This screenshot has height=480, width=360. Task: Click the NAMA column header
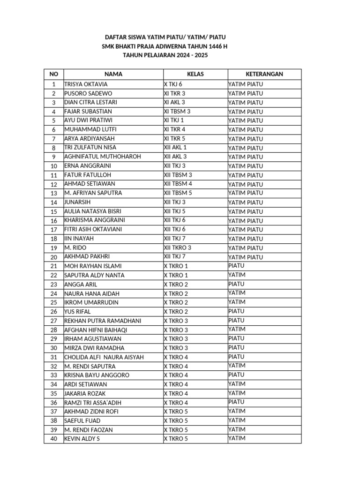point(113,74)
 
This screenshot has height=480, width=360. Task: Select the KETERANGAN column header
point(264,74)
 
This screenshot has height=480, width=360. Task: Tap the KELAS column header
point(195,74)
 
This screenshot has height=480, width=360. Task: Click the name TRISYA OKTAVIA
point(86,84)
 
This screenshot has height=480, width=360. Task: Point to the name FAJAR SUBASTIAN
point(90,112)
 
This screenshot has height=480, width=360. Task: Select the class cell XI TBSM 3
point(177,111)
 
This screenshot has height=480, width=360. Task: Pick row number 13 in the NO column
point(54,193)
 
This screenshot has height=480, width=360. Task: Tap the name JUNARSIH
point(78,202)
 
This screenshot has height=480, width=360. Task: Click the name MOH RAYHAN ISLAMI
point(93,266)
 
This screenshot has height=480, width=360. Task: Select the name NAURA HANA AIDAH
point(91,293)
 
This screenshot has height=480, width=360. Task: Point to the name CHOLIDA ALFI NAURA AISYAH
point(104,357)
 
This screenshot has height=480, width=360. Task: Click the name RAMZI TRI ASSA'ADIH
point(93,403)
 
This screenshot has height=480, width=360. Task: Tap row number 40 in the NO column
point(54,439)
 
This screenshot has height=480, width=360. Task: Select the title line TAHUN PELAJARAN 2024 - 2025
point(165,55)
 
